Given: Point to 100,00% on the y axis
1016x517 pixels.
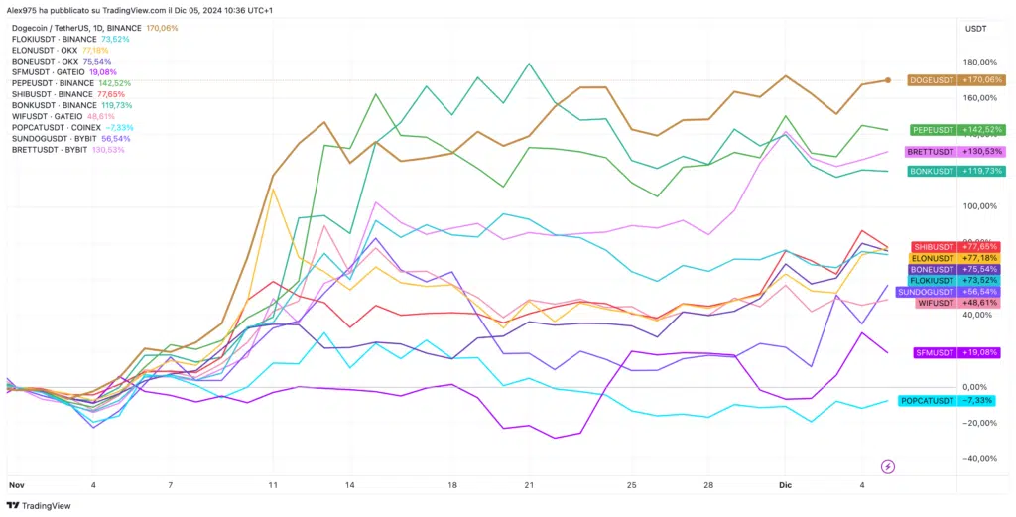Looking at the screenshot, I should click(980, 206).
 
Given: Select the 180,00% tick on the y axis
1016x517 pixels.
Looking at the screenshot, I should click(980, 62).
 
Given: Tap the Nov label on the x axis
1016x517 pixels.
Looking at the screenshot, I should click(16, 485).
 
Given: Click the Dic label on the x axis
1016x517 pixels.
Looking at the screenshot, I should click(784, 485).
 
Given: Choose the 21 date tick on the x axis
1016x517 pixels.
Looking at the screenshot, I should click(529, 485).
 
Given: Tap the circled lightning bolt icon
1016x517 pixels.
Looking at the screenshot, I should click(888, 466).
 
